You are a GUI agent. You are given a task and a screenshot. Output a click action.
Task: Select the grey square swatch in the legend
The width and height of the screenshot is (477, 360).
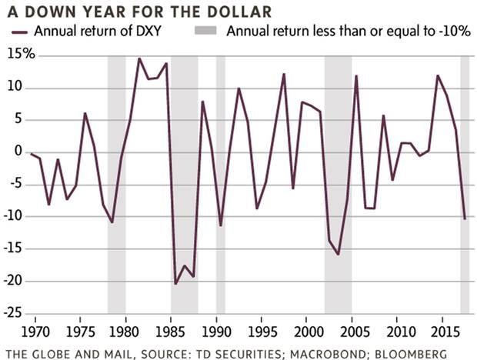207,32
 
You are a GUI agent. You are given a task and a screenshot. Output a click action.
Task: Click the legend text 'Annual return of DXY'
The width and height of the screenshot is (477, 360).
95,32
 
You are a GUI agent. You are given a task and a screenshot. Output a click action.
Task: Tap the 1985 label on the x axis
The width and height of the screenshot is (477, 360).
170,333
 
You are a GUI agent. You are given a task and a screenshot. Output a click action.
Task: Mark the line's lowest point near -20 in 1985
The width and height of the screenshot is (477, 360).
175,283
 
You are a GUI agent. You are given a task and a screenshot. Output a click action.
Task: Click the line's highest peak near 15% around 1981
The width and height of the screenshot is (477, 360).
139,58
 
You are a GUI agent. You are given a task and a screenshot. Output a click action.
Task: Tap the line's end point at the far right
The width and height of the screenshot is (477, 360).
465,218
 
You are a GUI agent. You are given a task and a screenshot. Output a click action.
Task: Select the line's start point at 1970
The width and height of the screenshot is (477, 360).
31,155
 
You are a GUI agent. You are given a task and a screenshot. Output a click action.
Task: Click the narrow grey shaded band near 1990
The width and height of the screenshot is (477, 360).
221,185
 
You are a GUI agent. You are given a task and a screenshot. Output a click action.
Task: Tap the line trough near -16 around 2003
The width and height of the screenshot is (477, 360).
338,254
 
